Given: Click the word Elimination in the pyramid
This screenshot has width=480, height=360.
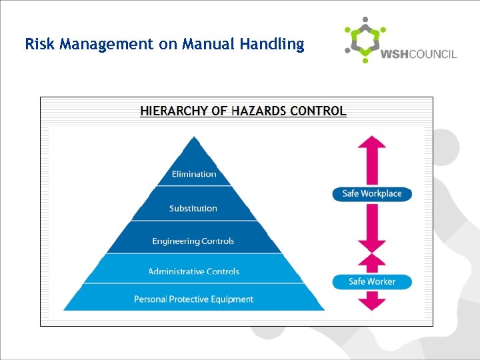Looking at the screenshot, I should (x=194, y=174).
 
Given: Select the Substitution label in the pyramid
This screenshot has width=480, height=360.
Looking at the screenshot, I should (x=193, y=208).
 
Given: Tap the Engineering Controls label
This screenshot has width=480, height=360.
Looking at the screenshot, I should (x=193, y=241).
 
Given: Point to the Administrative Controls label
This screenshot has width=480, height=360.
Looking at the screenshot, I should (x=193, y=271).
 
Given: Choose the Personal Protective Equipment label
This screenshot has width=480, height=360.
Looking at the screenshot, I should (x=193, y=299).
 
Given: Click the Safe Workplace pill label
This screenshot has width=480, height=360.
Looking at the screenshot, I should (x=372, y=194).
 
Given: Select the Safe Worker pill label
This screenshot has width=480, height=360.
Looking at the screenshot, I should (x=372, y=281).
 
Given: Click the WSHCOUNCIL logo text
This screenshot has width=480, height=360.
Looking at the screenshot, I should (x=418, y=54).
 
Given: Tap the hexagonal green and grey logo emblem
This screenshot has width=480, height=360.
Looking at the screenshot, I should (x=364, y=40).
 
